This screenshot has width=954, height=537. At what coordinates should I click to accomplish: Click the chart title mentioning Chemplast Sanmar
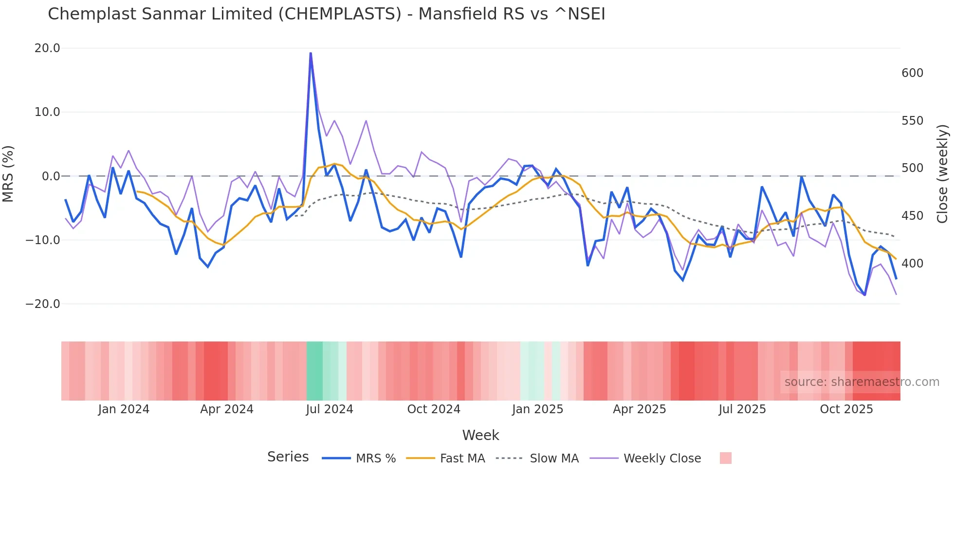(x=326, y=14)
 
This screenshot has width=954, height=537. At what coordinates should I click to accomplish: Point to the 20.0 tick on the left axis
(x=47, y=48)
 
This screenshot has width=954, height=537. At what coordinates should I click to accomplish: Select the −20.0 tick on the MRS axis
(x=43, y=304)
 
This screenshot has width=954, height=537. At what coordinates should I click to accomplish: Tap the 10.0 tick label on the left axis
(x=47, y=112)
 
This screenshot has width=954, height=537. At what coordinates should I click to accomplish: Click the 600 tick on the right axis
(x=912, y=73)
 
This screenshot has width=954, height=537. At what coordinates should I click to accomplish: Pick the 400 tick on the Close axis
(x=912, y=264)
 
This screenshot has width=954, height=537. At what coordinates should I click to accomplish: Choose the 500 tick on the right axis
(x=912, y=168)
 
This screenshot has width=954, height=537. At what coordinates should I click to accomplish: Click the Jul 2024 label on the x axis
(x=330, y=409)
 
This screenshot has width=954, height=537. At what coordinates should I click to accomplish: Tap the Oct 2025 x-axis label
(x=846, y=409)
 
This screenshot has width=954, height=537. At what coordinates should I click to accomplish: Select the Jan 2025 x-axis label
(x=537, y=409)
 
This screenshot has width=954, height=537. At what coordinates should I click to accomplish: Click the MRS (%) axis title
(x=8, y=173)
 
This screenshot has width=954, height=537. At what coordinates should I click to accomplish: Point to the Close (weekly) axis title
(x=943, y=173)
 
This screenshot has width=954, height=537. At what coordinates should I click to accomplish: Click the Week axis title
(x=480, y=435)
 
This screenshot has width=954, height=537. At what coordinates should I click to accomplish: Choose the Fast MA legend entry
(x=462, y=459)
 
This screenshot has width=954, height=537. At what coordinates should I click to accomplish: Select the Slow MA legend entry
(x=554, y=459)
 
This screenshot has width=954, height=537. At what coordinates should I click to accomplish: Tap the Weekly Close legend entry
(x=662, y=459)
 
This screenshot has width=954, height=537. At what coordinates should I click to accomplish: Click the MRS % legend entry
(x=375, y=459)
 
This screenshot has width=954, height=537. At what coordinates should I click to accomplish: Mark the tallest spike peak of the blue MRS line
(x=311, y=53)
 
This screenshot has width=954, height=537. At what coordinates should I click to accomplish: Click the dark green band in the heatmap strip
(x=314, y=371)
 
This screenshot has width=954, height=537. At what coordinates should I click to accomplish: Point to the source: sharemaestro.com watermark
(x=862, y=382)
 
